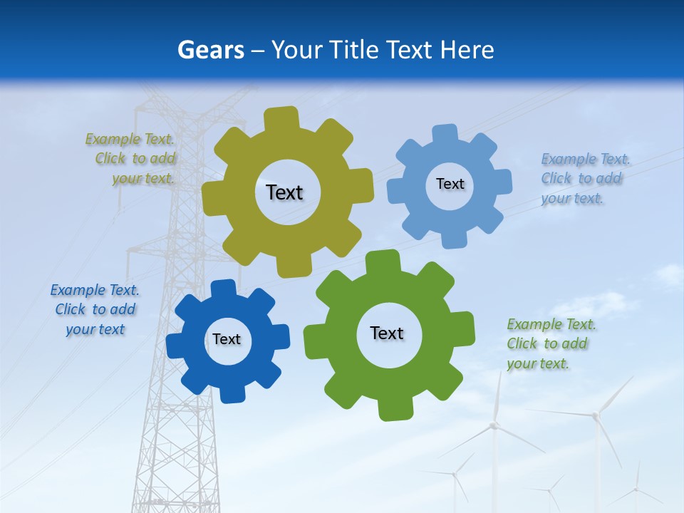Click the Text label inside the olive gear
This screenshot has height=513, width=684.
(284, 192)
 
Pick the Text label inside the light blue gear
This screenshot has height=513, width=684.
(450, 184)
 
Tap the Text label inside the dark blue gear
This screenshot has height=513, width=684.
(227, 339)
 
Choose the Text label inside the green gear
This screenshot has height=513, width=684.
(387, 333)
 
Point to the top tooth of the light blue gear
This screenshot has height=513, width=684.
(445, 135)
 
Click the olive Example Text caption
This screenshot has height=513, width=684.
(130, 158)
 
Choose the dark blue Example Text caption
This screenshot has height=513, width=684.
(95, 309)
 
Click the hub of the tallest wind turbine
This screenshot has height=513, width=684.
(596, 415)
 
